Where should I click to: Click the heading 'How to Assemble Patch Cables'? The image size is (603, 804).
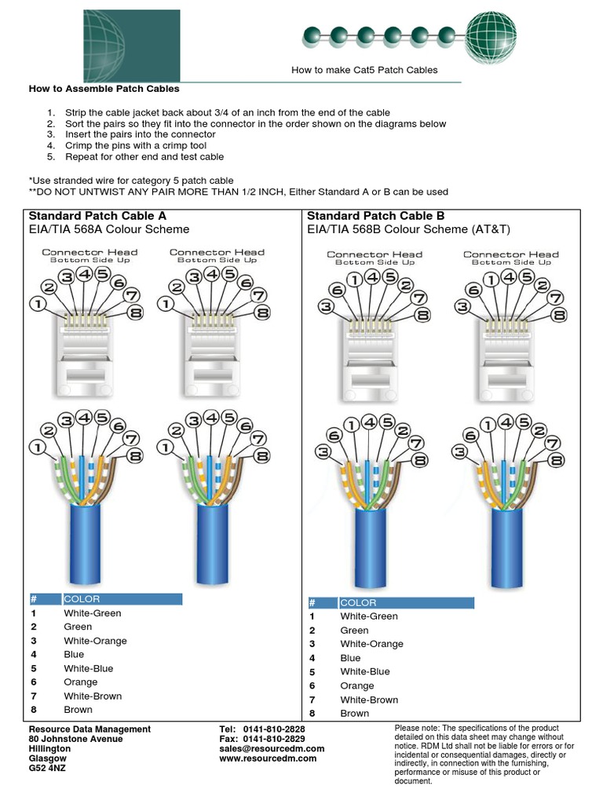coord(104,89)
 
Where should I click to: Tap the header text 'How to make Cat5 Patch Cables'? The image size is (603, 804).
coord(364,70)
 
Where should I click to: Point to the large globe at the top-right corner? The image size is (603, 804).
coord(492,35)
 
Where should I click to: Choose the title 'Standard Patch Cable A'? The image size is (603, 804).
coord(97,215)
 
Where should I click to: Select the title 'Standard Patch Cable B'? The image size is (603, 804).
coord(376,215)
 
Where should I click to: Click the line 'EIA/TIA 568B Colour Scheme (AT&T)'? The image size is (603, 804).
coord(408,229)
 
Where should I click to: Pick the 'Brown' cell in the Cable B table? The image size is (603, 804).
coord(354,713)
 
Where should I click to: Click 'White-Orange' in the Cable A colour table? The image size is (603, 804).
coord(95,641)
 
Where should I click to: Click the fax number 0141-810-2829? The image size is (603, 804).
coord(274,739)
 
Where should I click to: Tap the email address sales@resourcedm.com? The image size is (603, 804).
coord(272,749)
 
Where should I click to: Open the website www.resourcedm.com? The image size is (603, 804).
coord(268,758)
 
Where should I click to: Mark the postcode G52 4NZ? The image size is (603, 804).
coord(48,768)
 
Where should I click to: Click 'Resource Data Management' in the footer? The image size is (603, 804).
coord(90,729)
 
